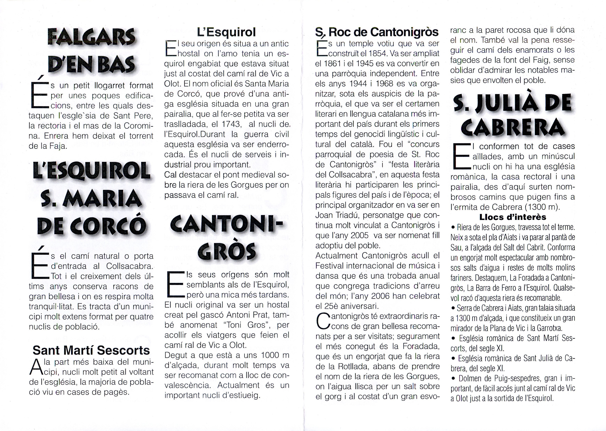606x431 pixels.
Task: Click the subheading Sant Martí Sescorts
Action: pos(91,350)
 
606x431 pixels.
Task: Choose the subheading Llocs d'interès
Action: pos(513,217)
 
